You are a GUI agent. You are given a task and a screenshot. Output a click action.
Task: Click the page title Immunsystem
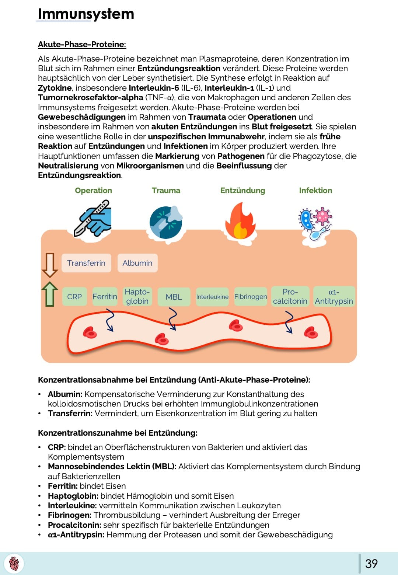pos(86,14)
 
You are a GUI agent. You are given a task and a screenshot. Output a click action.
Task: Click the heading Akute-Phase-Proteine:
pos(82,45)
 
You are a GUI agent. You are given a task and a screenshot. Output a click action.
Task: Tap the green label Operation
pos(93,191)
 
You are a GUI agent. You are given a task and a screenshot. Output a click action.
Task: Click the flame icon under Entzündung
pos(240,222)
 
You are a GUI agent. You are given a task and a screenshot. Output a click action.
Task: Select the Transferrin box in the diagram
pos(86,263)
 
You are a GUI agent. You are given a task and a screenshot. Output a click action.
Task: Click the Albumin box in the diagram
pos(137,263)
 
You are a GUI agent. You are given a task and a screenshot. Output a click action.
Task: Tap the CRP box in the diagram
pos(74,297)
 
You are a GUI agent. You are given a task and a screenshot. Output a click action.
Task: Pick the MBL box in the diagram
pos(174,297)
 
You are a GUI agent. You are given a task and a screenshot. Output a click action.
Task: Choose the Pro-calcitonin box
pos(290,296)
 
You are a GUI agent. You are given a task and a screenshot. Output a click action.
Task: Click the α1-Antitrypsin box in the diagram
pos(334,296)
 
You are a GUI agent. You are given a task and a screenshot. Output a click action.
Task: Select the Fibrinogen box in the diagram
pos(251,297)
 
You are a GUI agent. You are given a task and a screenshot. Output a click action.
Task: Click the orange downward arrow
pos(50,265)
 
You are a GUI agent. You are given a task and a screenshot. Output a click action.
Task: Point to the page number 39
pos(371,564)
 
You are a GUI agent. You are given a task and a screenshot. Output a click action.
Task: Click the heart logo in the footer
pos(14,564)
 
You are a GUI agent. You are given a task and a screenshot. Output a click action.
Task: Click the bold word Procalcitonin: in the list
pos(74,525)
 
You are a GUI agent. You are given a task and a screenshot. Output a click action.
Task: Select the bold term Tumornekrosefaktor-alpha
pos(90,98)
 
